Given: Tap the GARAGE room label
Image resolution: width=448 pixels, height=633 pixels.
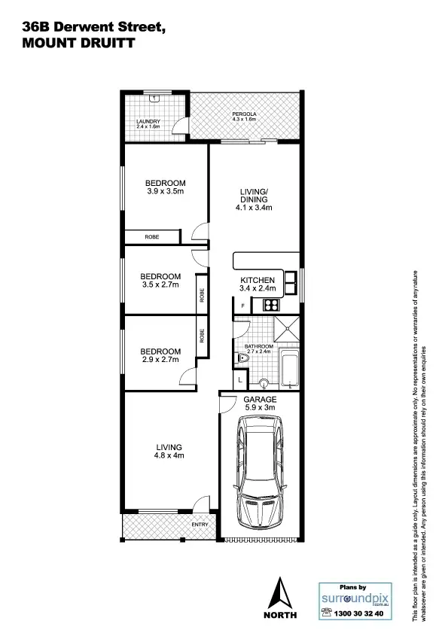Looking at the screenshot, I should click(259, 398).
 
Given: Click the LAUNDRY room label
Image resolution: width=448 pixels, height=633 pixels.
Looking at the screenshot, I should click(148, 121).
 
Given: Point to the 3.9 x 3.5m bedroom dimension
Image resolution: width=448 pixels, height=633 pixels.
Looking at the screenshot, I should click(165, 192).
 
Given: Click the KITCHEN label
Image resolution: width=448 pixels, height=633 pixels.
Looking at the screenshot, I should click(258, 280).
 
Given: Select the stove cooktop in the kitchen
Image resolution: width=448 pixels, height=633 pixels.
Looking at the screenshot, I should click(270, 305).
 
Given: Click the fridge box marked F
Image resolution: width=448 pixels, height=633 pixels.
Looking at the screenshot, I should click(242, 306).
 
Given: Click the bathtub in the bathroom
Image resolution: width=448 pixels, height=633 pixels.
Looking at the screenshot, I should click(288, 370).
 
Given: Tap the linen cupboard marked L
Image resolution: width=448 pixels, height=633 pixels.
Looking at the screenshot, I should click(239, 380).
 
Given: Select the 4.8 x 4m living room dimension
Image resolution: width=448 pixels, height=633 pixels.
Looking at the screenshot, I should click(169, 455).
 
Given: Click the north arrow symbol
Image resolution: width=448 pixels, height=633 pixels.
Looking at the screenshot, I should click(281, 595).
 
